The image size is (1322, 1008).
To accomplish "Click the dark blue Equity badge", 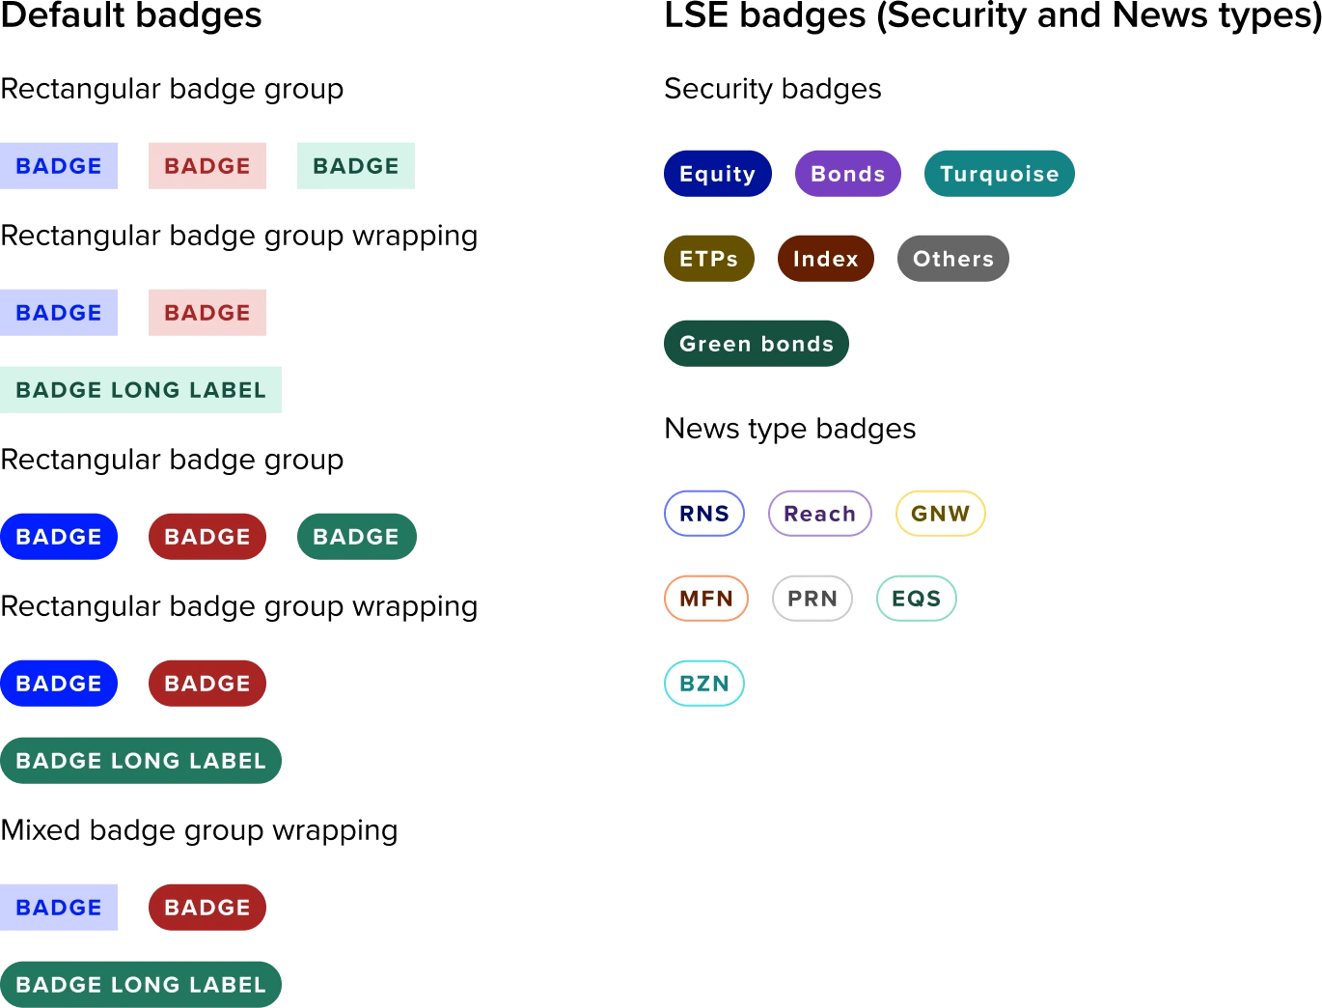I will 717,174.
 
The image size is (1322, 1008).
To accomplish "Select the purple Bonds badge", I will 847,174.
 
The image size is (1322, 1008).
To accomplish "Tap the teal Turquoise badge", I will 1000,174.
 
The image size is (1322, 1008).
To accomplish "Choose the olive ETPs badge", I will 708,259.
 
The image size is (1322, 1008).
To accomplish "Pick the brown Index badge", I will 825,259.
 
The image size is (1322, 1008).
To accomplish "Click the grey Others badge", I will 952,259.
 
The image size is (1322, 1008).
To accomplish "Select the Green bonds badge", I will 756,344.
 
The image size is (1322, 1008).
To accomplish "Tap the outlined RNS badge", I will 704,514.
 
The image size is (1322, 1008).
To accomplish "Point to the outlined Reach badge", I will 819,514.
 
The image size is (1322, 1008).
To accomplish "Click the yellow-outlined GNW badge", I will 940,514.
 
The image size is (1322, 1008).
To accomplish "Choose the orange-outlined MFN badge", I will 705,599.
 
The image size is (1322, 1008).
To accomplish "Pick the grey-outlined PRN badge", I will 812,599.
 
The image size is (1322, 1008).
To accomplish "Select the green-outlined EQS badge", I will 916,599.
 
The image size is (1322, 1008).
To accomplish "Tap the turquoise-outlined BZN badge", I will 704,684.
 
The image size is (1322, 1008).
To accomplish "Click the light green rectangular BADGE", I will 355,166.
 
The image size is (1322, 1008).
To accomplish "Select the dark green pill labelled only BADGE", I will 355,537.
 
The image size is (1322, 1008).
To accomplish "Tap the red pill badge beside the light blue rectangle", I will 207,908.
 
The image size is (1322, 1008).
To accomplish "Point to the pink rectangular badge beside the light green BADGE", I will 207,166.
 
